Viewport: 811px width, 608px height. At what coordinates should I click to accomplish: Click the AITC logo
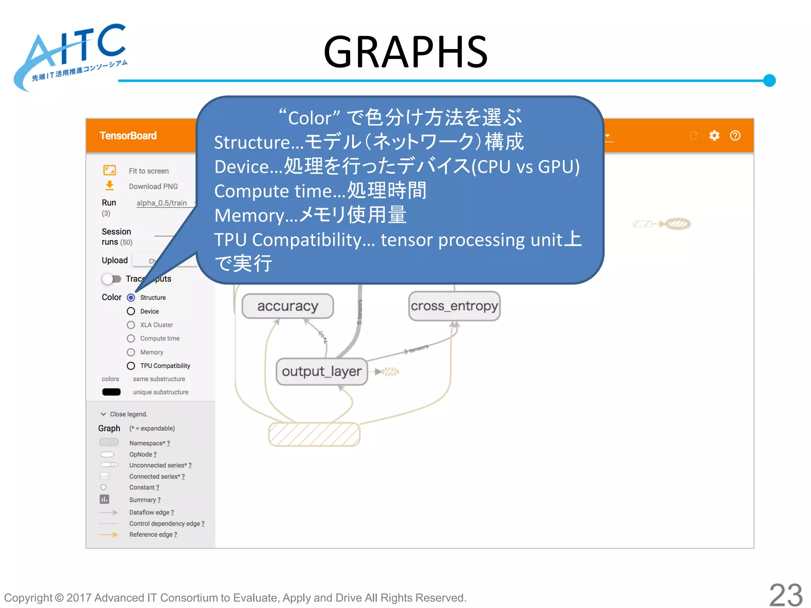point(71,55)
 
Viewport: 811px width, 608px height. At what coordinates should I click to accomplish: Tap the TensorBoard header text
point(128,136)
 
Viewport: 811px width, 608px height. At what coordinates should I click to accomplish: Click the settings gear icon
point(714,136)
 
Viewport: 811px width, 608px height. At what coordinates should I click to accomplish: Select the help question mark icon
point(735,136)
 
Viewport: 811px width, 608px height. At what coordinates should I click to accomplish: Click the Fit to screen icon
point(110,170)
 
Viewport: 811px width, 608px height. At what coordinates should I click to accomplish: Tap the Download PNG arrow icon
point(110,186)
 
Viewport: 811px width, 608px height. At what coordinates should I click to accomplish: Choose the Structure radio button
point(131,297)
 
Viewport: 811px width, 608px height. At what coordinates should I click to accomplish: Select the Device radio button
point(131,311)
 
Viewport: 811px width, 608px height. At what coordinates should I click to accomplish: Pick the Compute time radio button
point(131,338)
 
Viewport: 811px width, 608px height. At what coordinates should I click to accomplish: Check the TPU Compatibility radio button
point(131,366)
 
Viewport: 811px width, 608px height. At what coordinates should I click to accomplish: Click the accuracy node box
point(287,306)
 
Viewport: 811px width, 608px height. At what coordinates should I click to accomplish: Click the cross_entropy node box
point(454,306)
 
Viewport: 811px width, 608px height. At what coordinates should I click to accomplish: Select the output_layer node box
point(322,371)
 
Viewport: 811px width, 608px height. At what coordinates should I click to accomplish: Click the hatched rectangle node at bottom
point(314,434)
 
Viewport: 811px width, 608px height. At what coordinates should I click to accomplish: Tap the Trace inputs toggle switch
point(111,279)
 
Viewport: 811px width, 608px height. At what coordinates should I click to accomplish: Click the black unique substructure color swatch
point(111,392)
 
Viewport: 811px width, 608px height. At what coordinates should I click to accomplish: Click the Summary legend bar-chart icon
point(105,499)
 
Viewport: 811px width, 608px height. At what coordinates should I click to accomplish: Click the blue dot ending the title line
point(769,80)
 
